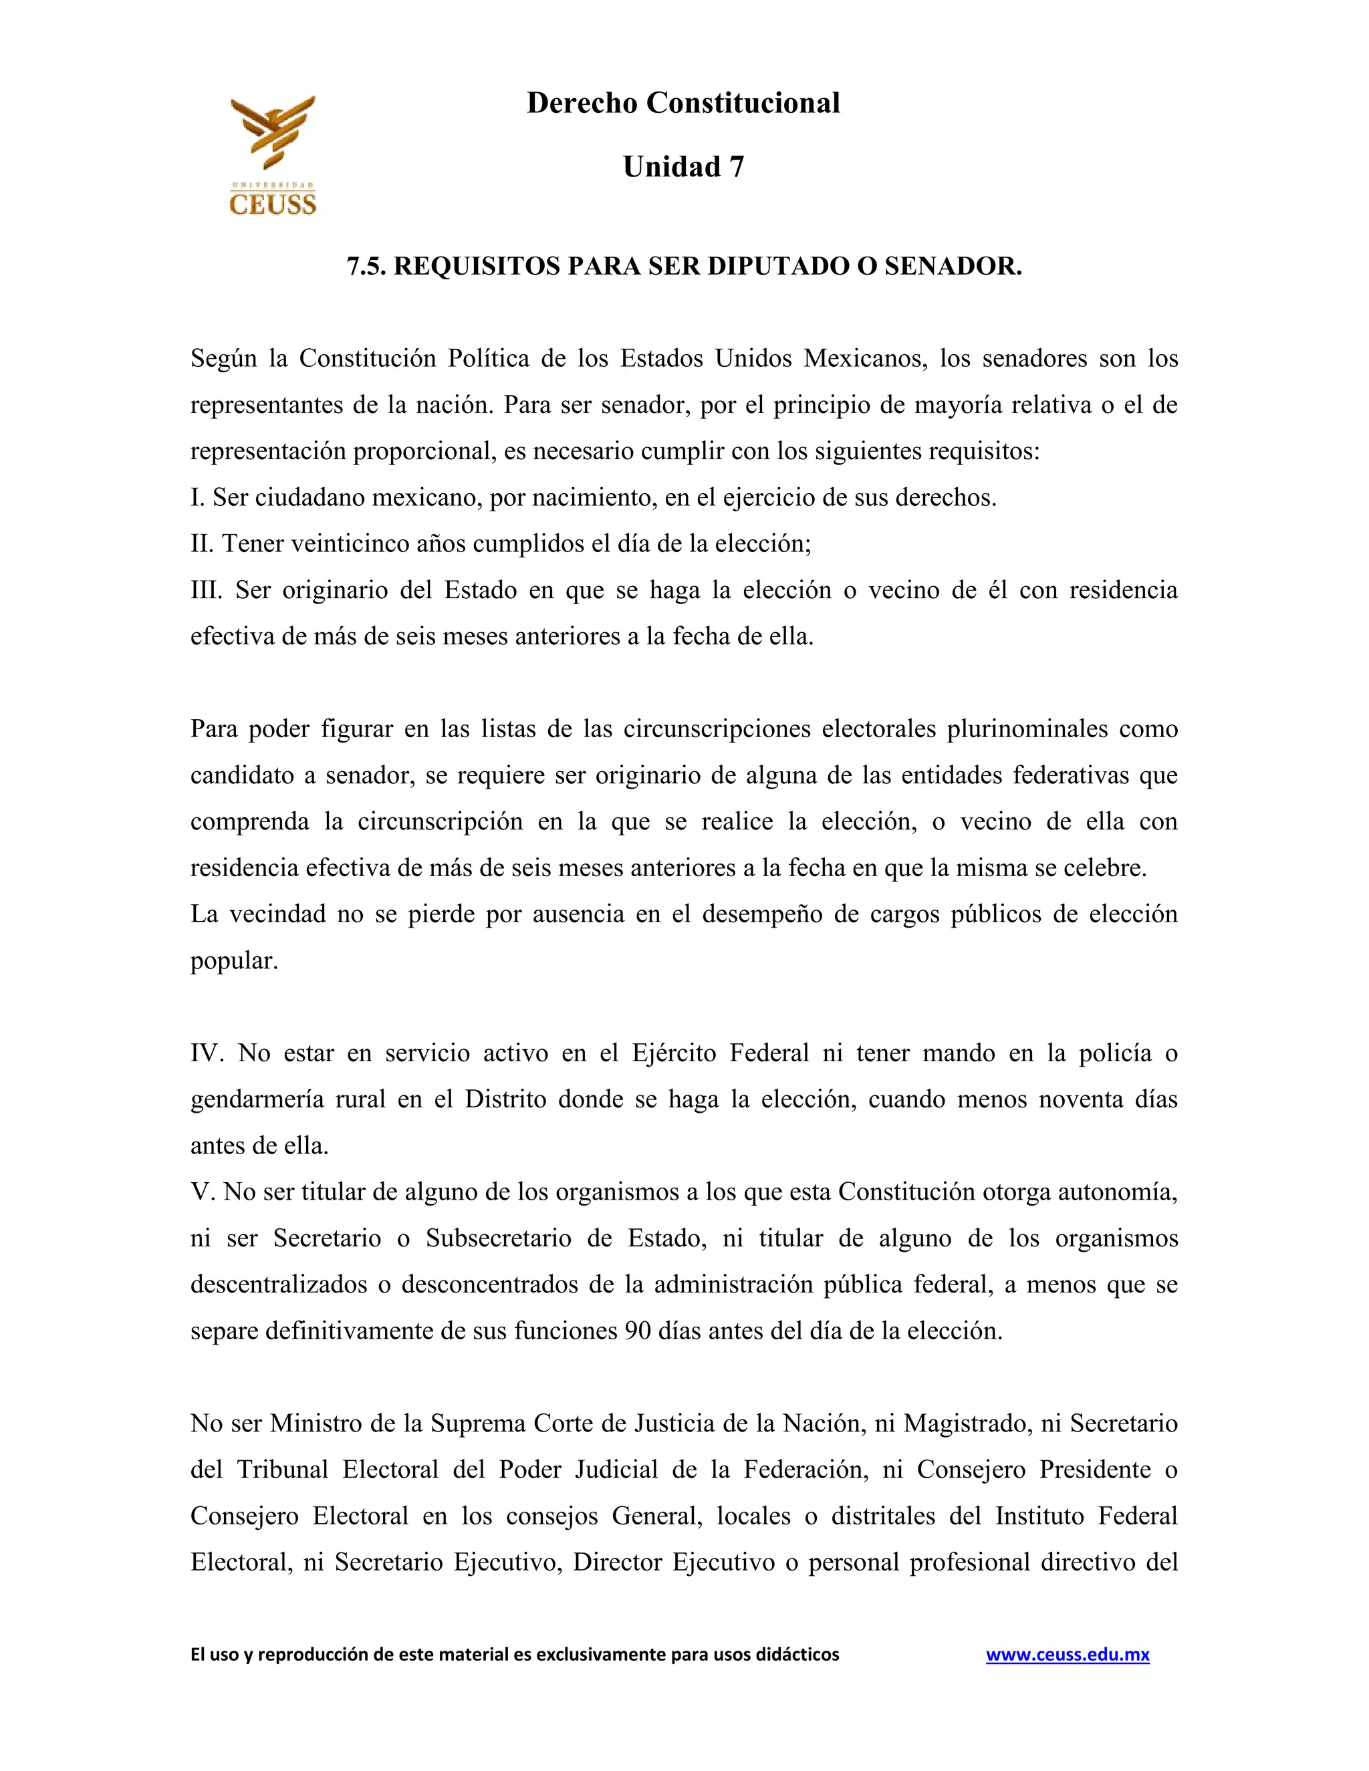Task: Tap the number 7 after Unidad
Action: (x=735, y=167)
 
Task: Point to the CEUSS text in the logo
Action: (x=273, y=204)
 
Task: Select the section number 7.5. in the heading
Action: (x=366, y=266)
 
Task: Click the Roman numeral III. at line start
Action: (x=206, y=589)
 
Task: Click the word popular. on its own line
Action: (x=233, y=961)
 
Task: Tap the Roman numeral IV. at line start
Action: (x=207, y=1053)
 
